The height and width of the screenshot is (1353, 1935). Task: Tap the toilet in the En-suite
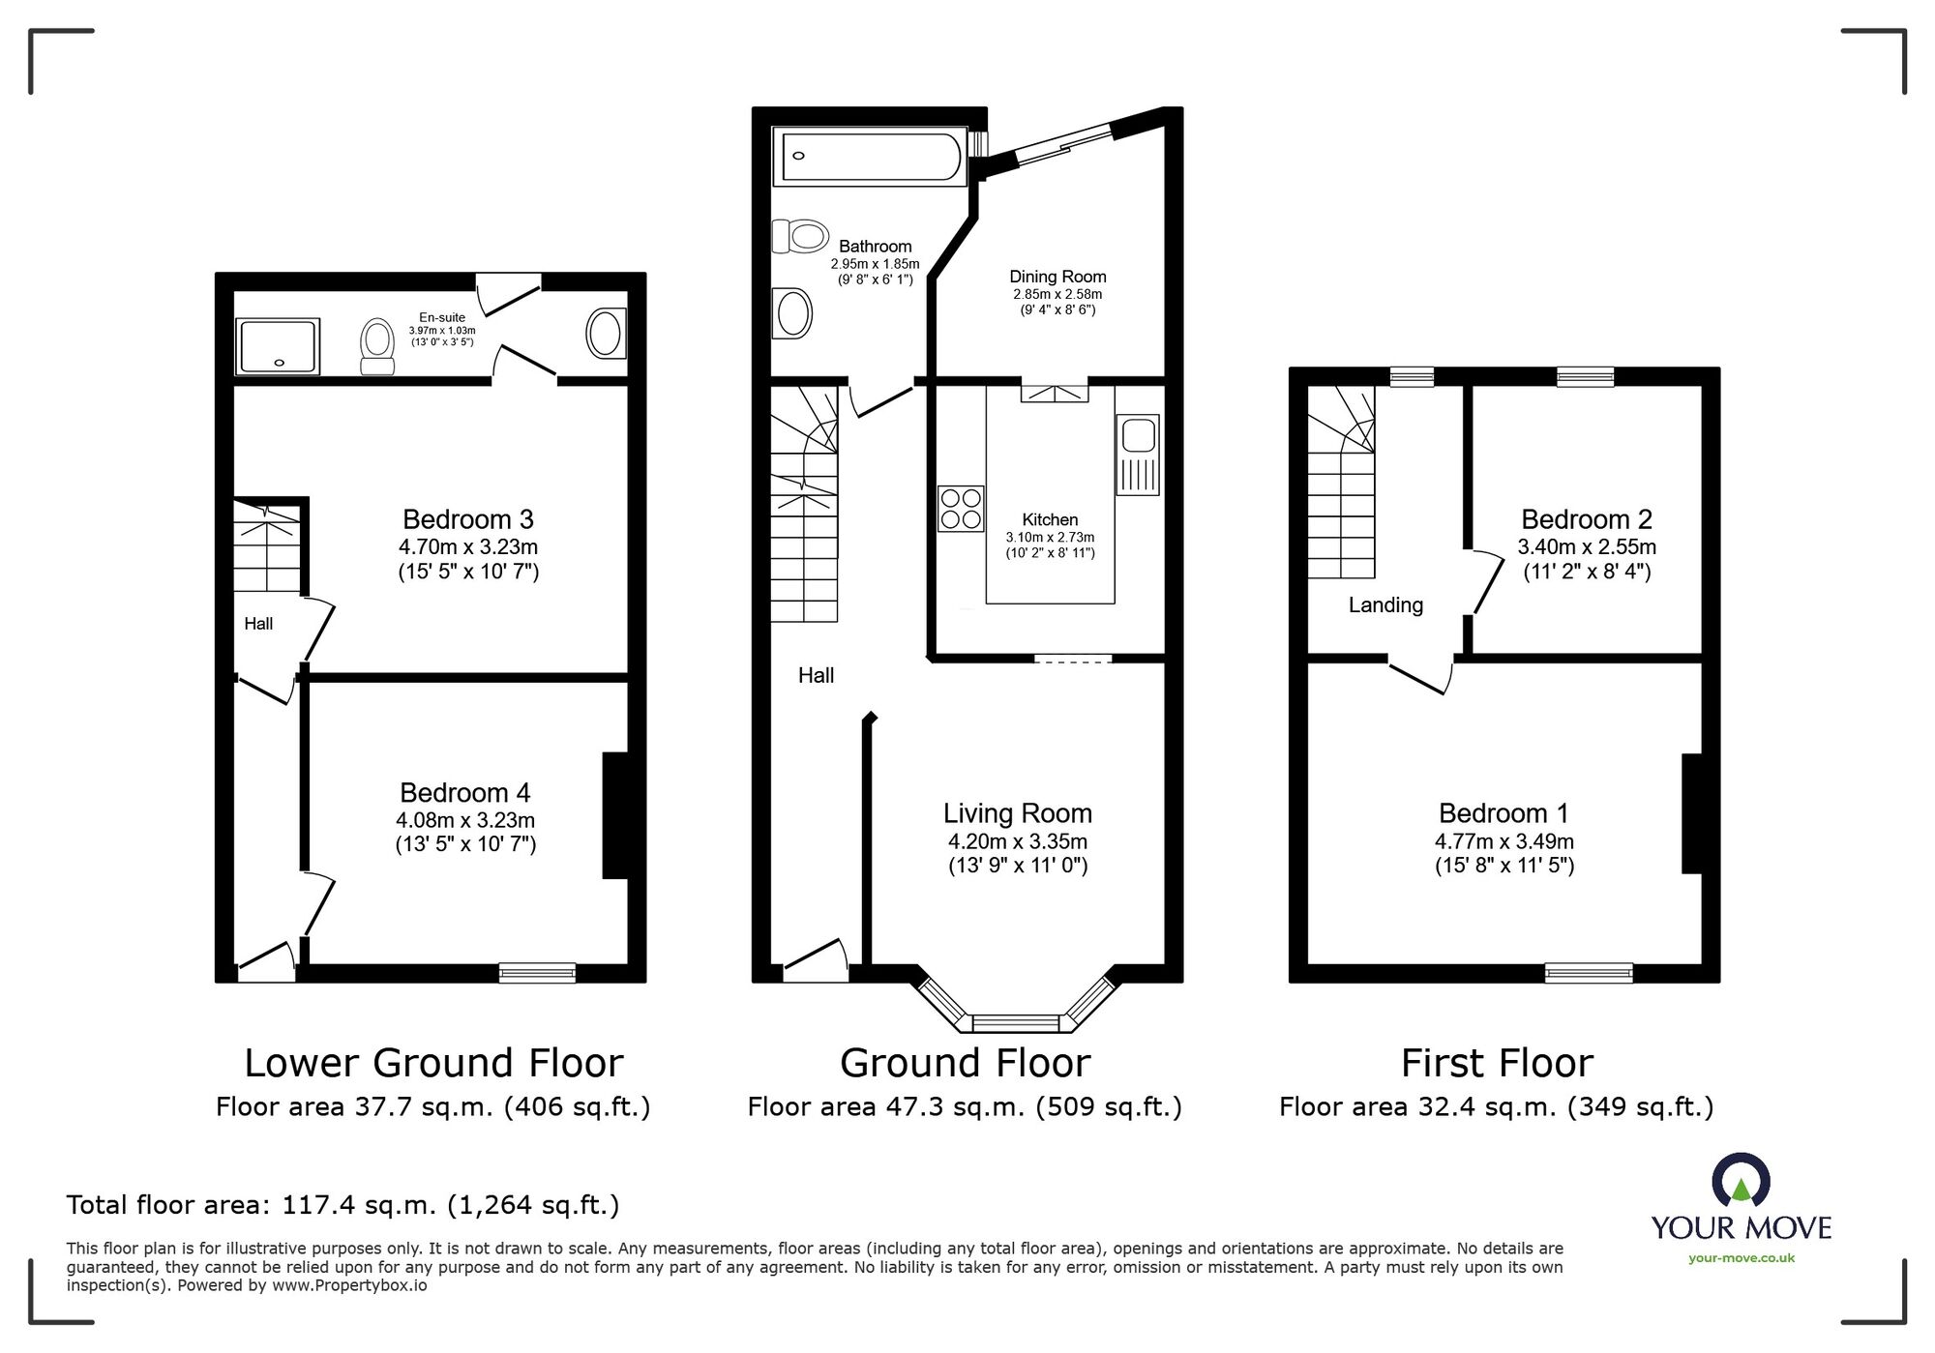pyautogui.click(x=376, y=345)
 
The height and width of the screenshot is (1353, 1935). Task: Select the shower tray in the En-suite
pyautogui.click(x=279, y=346)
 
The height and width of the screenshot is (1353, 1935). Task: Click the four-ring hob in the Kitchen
pyautogui.click(x=961, y=509)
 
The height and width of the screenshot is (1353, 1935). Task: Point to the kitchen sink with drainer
pyautogui.click(x=1138, y=455)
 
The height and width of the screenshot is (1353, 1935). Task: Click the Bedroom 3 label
pyautogui.click(x=468, y=519)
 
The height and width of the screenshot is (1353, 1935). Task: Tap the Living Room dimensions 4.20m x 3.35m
pyautogui.click(x=1017, y=841)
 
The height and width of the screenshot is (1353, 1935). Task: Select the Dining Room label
pyautogui.click(x=1057, y=277)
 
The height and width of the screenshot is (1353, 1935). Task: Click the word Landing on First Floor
pyautogui.click(x=1385, y=605)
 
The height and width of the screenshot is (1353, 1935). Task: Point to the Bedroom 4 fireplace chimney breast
pyautogui.click(x=615, y=815)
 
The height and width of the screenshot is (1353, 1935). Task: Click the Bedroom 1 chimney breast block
pyautogui.click(x=1691, y=813)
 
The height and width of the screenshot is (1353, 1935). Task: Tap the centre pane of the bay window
pyautogui.click(x=1015, y=1022)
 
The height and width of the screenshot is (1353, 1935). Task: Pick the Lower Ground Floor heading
pyautogui.click(x=433, y=1063)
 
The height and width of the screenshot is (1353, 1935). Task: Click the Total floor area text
pyautogui.click(x=342, y=1205)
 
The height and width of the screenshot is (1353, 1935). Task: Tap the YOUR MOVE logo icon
pyautogui.click(x=1741, y=1180)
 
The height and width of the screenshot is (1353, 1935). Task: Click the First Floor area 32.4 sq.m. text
pyautogui.click(x=1496, y=1106)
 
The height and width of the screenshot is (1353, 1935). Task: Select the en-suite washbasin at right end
pyautogui.click(x=606, y=334)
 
